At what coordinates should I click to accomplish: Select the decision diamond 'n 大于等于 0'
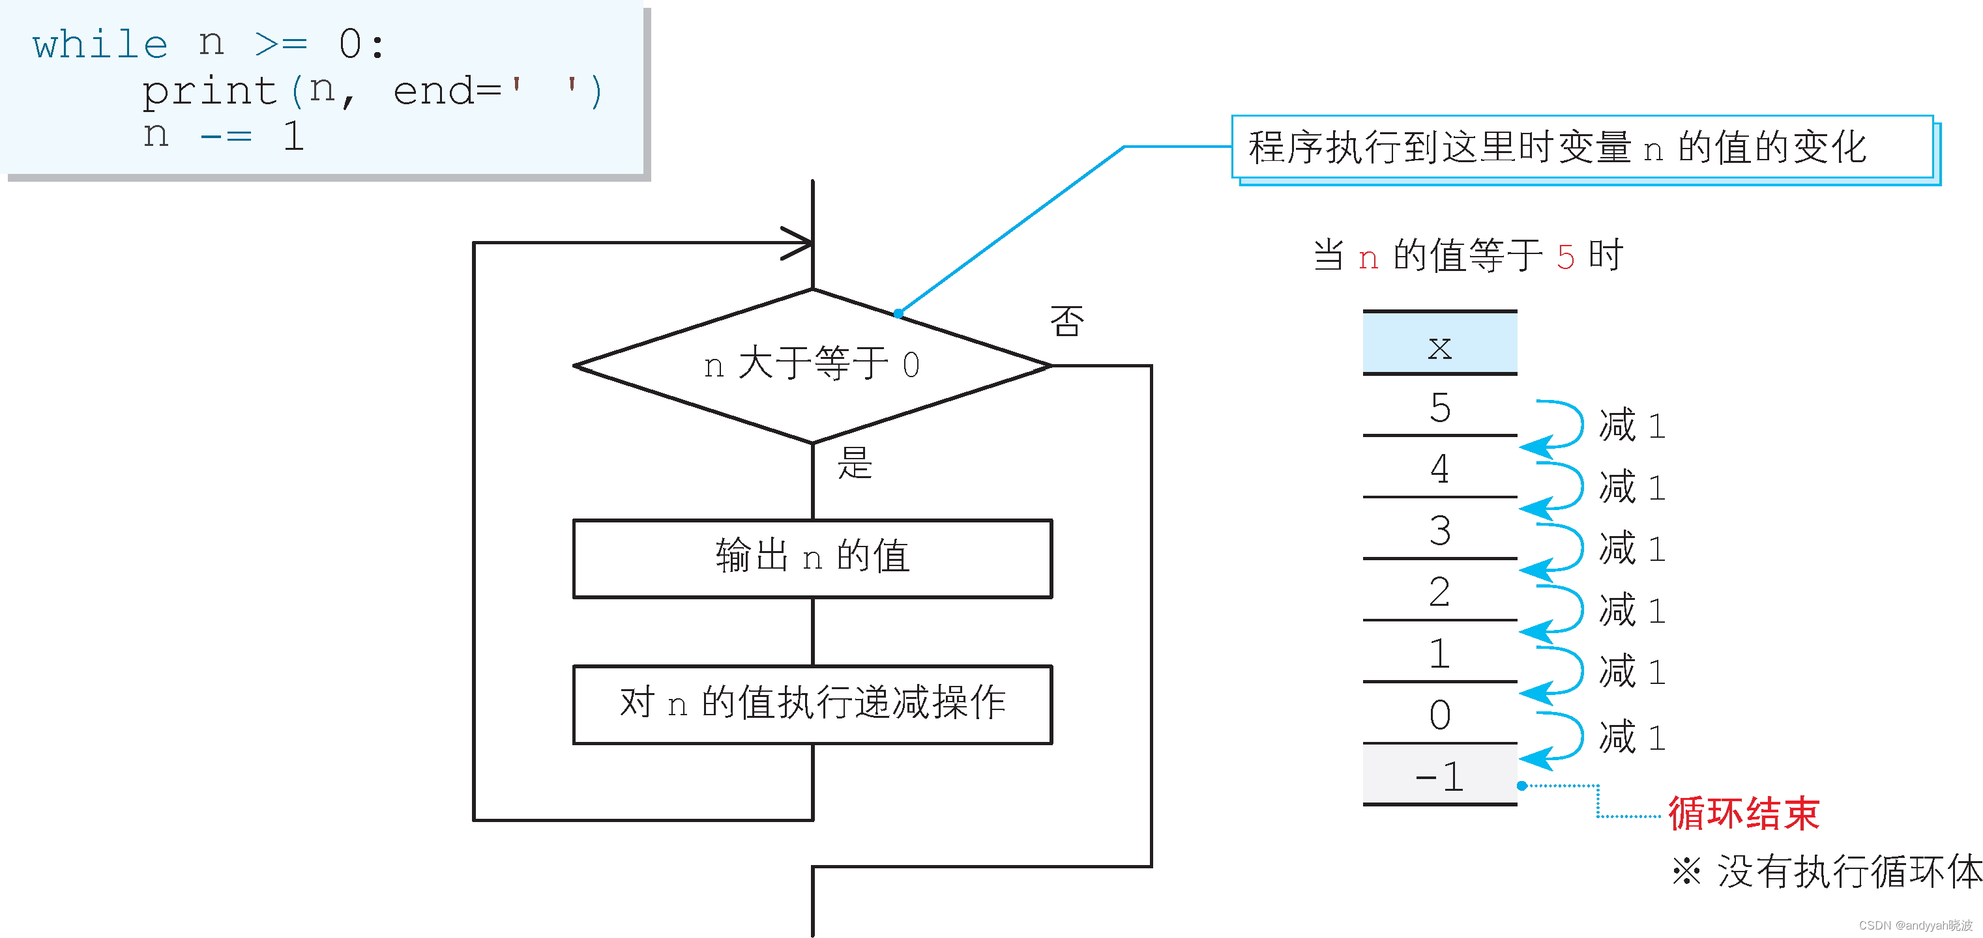812,365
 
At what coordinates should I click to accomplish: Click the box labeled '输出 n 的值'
812,557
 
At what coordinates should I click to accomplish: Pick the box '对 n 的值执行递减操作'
812,703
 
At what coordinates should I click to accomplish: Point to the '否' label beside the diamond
1067,322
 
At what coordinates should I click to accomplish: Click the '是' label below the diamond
855,463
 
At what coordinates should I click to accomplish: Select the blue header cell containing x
1439,344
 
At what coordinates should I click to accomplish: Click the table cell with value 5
1439,407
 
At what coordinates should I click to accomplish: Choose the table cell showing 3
1439,530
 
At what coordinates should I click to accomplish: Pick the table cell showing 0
1439,715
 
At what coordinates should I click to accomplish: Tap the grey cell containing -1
1439,776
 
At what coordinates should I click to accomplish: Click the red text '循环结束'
1743,814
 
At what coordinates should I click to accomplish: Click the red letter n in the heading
1368,259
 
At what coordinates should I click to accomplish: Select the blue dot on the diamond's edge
898,313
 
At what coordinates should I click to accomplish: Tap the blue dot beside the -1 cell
1522,786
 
